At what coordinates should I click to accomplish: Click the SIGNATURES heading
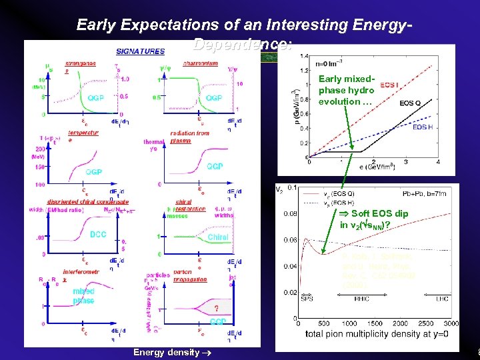point(140,51)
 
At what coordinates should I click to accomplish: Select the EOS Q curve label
point(410,103)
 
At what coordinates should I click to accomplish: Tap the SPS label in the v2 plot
point(307,299)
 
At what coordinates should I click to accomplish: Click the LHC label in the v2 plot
point(442,299)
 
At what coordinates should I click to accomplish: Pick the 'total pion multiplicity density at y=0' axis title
point(377,334)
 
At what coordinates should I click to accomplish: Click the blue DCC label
point(98,235)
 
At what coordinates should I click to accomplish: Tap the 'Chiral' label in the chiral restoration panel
point(218,237)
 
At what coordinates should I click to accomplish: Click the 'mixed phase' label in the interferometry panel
point(84,296)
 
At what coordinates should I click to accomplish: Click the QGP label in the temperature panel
point(94,171)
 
